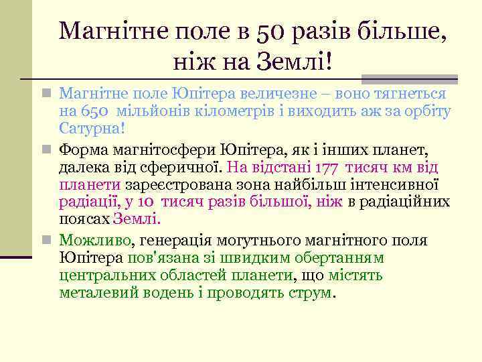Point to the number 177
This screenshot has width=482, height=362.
click(x=322, y=168)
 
